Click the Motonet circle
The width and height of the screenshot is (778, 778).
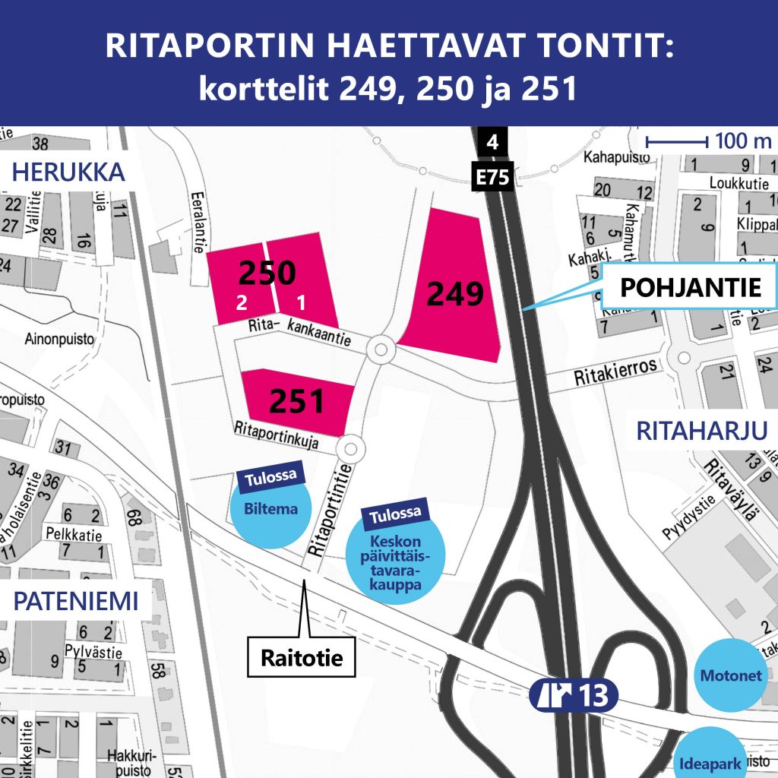point(731,675)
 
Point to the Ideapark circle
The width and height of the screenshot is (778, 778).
point(710,759)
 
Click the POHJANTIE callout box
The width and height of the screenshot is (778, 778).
point(690,287)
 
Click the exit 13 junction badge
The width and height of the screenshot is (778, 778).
point(574,694)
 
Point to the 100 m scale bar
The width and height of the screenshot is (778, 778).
point(675,141)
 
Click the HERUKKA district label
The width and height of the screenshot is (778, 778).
point(68,173)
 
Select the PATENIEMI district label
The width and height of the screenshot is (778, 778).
point(76,602)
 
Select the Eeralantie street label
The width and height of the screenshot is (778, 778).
point(200,217)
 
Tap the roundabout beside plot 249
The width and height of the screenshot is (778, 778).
point(379,350)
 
